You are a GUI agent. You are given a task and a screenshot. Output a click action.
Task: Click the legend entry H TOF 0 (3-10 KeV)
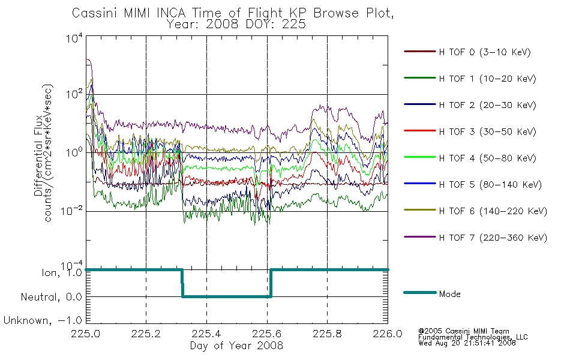[x=485, y=52]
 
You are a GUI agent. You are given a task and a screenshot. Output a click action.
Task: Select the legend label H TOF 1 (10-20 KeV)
[x=487, y=79]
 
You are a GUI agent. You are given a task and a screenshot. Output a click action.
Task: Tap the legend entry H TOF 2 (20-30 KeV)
[x=487, y=105]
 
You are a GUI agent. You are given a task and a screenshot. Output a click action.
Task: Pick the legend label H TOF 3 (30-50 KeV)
[x=487, y=131]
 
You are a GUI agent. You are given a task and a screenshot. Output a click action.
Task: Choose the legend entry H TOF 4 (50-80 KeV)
[x=487, y=158]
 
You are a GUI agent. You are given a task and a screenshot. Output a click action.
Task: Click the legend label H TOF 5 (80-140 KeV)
[x=490, y=185]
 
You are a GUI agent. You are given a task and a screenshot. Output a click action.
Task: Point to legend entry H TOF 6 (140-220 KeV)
[x=493, y=211]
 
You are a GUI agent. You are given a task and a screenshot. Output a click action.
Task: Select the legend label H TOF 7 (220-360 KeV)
[x=493, y=238]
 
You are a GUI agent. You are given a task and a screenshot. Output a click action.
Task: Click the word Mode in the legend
[x=449, y=294]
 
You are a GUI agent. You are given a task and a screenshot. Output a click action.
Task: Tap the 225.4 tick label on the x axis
[x=206, y=334]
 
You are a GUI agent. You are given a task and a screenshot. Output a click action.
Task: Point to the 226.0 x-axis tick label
[x=388, y=334]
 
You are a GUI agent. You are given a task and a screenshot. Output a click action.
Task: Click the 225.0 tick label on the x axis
[x=86, y=334]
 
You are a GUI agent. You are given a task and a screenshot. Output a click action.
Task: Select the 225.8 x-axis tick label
[x=327, y=334]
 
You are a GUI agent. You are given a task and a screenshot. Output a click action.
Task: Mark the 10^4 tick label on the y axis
[x=74, y=38]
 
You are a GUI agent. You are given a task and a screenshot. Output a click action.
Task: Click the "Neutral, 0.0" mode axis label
[x=51, y=297]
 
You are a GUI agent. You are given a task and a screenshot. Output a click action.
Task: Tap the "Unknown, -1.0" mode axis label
[x=43, y=320]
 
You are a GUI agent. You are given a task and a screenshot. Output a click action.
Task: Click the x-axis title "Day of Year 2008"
[x=236, y=346]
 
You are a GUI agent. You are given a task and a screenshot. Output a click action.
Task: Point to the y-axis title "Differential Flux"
[x=38, y=155]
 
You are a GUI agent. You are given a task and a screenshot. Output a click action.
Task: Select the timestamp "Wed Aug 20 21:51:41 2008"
[x=467, y=343]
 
